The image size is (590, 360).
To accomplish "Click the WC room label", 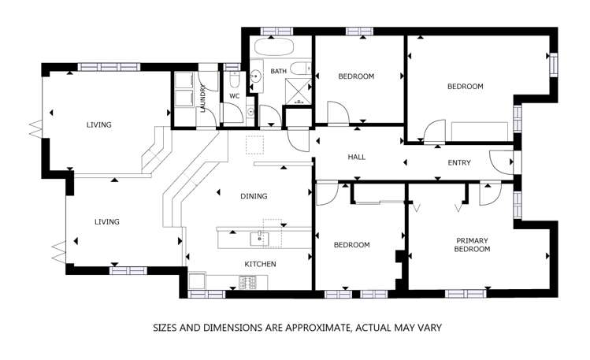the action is click(235, 96).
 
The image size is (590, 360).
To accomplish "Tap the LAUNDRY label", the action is click(202, 98).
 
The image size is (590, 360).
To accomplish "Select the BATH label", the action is click(278, 71).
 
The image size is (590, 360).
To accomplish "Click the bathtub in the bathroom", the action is click(274, 47).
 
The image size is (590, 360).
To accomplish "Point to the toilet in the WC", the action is click(234, 80).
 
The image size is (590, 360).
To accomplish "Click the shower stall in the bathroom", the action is click(299, 91).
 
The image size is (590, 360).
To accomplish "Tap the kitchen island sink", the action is click(260, 239).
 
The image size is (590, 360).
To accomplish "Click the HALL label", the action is click(356, 157).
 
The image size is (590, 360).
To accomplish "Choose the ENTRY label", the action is click(459, 163).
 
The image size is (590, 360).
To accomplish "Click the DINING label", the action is click(254, 196).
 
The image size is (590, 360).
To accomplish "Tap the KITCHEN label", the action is click(261, 264).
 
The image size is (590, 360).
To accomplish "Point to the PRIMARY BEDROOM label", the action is click(472, 244).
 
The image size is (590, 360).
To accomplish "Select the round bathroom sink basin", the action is click(255, 76).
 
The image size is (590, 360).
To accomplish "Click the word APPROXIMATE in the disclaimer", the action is click(314, 328).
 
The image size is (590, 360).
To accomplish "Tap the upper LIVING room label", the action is click(99, 124).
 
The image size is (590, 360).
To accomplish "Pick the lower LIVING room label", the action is click(107, 222).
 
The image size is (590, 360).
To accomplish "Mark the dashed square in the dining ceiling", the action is click(254, 145).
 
